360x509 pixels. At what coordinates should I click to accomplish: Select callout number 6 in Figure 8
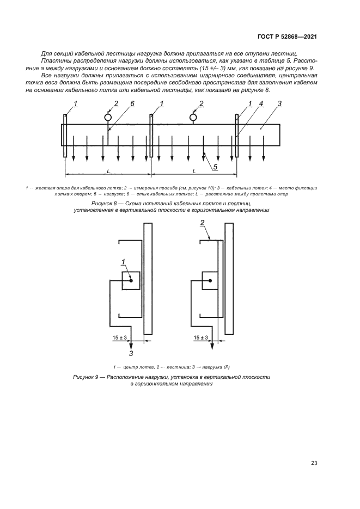[x=132, y=103]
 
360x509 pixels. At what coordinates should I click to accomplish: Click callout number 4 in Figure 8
[x=261, y=103]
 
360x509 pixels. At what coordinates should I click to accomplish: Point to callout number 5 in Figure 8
[x=216, y=167]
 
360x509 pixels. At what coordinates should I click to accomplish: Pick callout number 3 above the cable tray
[x=279, y=103]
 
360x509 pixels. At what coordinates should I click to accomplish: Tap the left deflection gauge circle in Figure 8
[x=108, y=117]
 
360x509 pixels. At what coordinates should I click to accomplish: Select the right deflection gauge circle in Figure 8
[x=193, y=117]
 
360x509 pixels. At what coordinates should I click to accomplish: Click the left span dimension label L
[x=108, y=171]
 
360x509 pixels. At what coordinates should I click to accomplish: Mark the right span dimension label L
[x=194, y=171]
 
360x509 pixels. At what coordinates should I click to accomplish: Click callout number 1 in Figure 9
[x=124, y=262]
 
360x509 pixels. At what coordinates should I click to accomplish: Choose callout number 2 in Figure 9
[x=202, y=223]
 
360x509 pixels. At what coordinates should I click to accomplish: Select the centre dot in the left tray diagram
[x=131, y=281]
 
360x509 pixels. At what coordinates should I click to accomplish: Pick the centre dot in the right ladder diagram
[x=211, y=281]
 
